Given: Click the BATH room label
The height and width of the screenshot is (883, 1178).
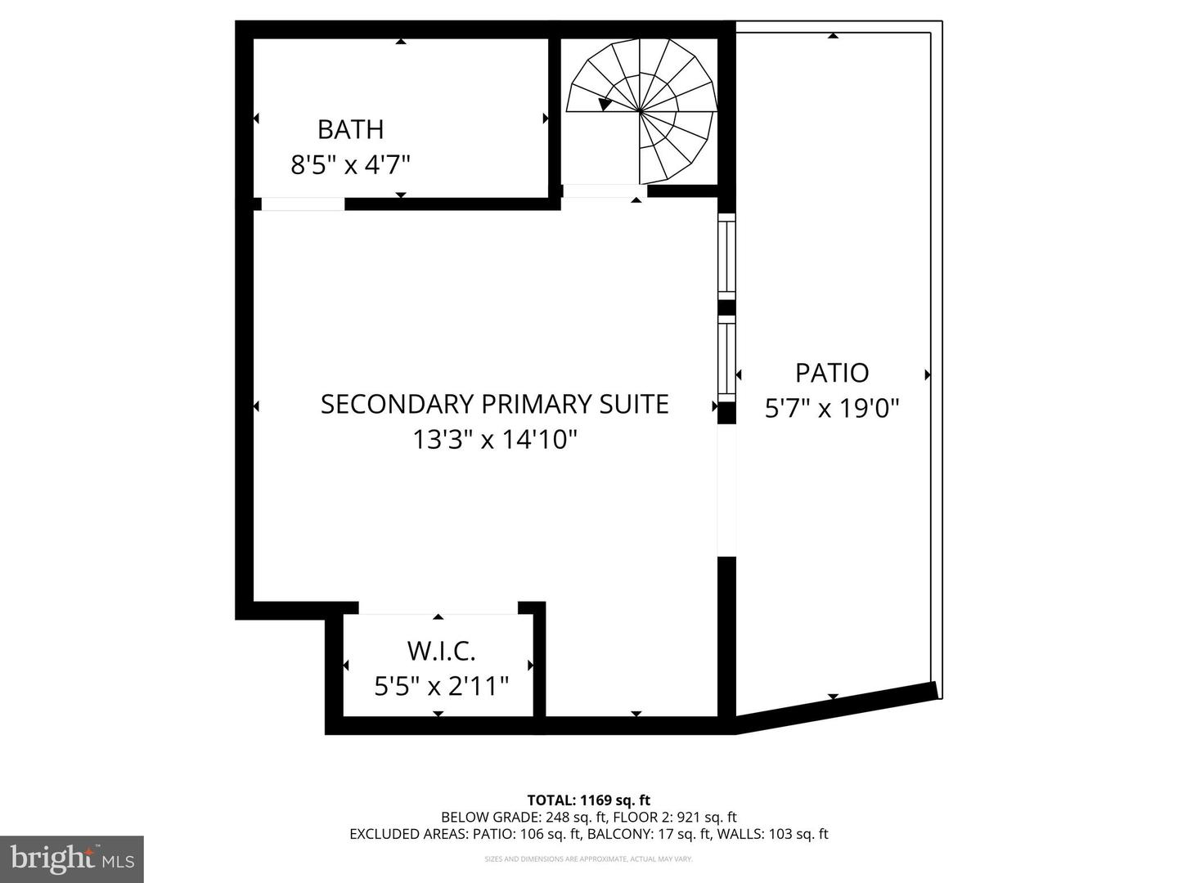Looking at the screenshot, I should pos(350,129).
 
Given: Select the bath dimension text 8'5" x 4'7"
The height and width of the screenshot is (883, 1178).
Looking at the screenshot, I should pos(350,165).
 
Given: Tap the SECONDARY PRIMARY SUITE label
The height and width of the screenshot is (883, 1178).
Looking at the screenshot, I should pos(494,404).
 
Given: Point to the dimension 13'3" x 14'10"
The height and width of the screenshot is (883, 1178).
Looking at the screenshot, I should pos(494,440).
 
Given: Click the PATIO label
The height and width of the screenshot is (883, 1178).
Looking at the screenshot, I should pos(832,373).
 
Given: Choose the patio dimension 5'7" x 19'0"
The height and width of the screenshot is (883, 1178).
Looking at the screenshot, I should pos(832,407).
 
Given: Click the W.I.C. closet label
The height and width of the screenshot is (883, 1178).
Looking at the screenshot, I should pos(441,652).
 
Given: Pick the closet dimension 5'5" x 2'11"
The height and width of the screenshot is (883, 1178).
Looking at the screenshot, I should pos(441,686).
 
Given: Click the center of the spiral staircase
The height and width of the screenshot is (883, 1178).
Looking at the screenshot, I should pos(641,110).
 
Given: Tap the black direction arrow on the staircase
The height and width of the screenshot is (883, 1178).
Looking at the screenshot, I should pos(605,104).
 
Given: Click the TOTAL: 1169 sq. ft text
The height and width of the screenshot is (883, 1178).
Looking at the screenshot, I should pos(588,800).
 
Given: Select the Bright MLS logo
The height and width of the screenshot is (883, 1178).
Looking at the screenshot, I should pos(71,858).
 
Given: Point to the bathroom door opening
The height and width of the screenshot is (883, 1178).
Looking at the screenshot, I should pos(303,204).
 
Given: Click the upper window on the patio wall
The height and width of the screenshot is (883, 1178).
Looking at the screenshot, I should pos(726,255).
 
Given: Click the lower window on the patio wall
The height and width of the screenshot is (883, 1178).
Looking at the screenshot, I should pos(726,358).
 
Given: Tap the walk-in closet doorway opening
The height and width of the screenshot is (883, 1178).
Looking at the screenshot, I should pos(438,607).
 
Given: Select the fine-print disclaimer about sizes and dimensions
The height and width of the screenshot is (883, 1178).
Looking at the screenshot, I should pos(588,859).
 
